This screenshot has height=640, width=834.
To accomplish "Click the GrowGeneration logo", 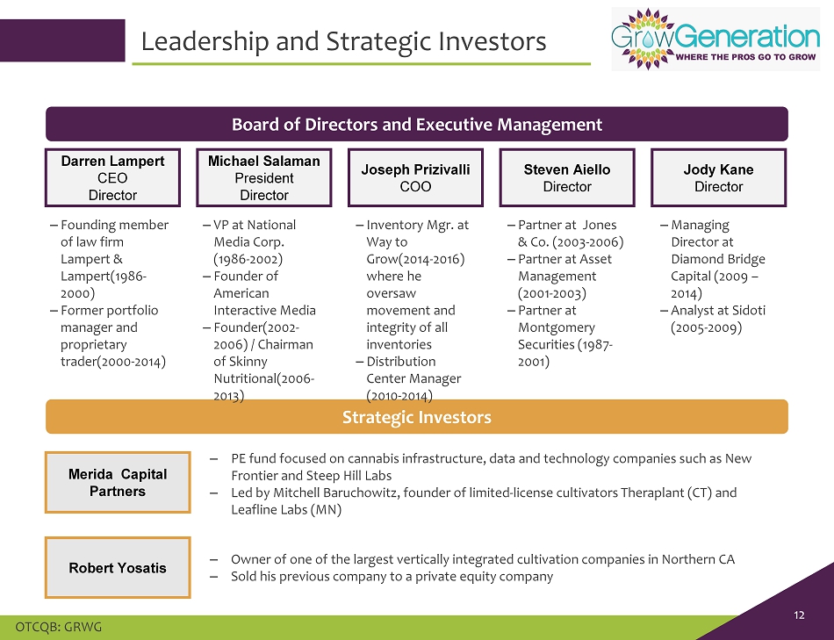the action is (x=715, y=39).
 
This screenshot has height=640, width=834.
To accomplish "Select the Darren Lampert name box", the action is (x=112, y=177).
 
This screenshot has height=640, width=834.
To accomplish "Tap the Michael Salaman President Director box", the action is (x=264, y=177).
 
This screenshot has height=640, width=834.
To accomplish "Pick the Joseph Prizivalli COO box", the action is (x=415, y=177).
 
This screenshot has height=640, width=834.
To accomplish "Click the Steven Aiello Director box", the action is (x=567, y=177).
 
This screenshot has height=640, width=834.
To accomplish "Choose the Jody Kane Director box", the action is (x=719, y=177).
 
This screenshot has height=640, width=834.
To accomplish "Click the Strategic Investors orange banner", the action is (x=417, y=416).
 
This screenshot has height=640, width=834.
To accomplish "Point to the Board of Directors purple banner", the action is (x=417, y=124).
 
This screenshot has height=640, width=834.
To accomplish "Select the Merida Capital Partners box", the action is (x=118, y=483).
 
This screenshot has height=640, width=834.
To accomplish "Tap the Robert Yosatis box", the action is (x=118, y=568).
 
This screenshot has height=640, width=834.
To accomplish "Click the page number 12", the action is (x=799, y=615).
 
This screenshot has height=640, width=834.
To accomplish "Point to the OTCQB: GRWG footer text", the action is (x=59, y=627).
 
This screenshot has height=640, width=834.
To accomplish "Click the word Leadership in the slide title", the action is (x=205, y=41).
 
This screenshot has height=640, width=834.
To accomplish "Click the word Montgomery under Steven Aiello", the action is (x=557, y=327).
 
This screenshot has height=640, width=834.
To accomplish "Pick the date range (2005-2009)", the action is (x=707, y=327).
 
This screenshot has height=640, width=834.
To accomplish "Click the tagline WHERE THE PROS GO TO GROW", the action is (x=745, y=57).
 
